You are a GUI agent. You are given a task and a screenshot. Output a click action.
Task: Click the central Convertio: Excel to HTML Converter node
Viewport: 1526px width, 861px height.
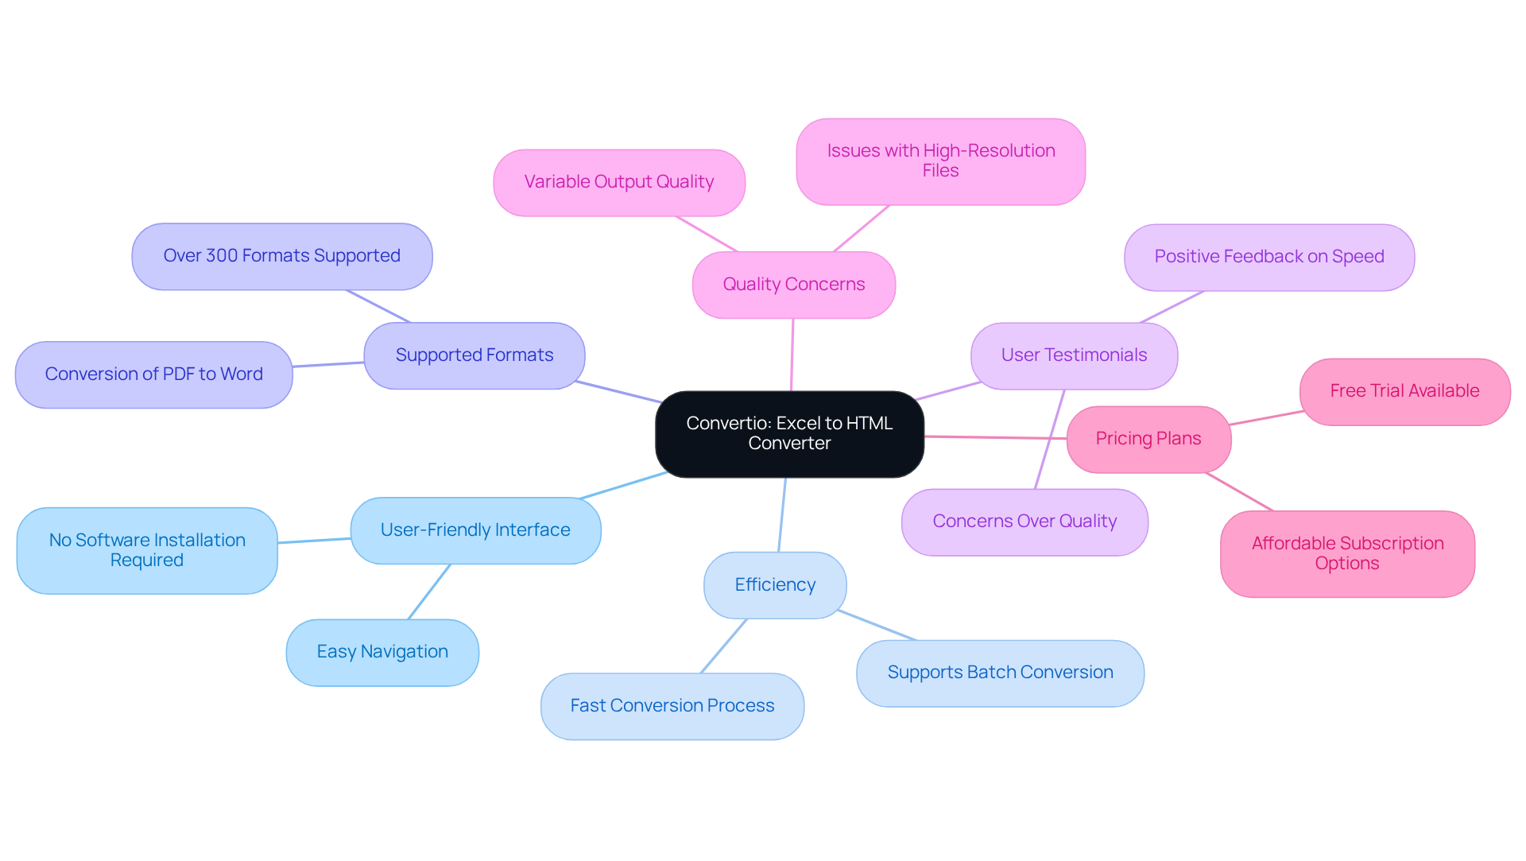coord(789,434)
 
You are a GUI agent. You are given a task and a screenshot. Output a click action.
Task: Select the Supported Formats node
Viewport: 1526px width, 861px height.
coord(474,355)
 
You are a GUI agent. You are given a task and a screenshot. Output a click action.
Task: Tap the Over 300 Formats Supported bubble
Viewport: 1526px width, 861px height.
coord(282,256)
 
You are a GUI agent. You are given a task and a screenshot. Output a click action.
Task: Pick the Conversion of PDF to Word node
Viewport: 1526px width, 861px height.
coord(153,374)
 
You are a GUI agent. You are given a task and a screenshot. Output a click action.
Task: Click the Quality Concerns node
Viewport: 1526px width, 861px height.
coord(793,285)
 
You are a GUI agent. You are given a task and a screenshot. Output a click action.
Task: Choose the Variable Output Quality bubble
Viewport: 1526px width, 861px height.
coord(618,182)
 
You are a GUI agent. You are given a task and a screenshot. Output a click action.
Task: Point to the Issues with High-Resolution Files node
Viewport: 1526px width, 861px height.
coord(940,161)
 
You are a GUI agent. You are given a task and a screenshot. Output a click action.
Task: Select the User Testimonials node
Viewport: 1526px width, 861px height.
coord(1074,355)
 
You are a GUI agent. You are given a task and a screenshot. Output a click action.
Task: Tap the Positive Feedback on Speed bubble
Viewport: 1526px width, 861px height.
coord(1268,257)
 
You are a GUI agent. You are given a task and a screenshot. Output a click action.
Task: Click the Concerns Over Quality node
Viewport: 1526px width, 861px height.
coord(1024,522)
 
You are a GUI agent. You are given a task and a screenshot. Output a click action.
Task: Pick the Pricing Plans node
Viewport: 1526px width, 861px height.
coord(1148,439)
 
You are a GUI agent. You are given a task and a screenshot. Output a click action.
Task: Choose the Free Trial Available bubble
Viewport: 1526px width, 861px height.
coord(1404,391)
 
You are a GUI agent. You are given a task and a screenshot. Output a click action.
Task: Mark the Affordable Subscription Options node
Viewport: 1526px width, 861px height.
coord(1347,553)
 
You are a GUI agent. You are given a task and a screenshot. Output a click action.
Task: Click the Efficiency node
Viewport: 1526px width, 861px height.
coord(775,585)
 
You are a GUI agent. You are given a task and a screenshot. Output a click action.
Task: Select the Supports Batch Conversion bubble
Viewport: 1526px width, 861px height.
coord(1000,673)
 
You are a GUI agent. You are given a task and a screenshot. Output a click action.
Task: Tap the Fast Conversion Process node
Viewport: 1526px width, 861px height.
coord(672,706)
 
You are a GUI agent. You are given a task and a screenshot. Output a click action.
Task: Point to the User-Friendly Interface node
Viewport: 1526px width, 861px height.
coord(475,530)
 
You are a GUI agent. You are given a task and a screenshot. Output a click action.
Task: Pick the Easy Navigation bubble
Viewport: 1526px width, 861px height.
coord(382,652)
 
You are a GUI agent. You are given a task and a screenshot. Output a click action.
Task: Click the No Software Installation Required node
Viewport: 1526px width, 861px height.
coord(147,550)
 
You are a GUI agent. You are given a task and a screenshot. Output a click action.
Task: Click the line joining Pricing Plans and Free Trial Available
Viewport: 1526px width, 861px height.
coord(1265,417)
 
